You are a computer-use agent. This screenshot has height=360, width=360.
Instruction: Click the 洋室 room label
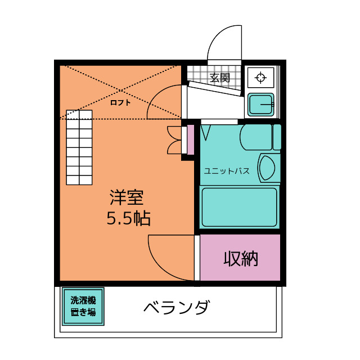pyautogui.click(x=127, y=197)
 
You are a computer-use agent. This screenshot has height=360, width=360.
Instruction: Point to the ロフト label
pyautogui.click(x=120, y=102)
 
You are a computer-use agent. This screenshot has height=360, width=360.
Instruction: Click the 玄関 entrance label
pyautogui.click(x=220, y=78)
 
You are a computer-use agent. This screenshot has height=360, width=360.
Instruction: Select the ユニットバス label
pyautogui.click(x=227, y=170)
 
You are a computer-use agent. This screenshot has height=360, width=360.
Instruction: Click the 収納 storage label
pyautogui.click(x=241, y=258)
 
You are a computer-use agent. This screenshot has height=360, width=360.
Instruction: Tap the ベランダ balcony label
pyautogui.click(x=177, y=308)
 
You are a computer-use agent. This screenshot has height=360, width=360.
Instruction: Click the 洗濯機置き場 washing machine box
pyautogui.click(x=83, y=307)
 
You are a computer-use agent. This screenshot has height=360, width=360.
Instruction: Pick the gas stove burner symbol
pyautogui.click(x=260, y=78)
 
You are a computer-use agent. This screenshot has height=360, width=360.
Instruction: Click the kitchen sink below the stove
pyautogui.click(x=260, y=105)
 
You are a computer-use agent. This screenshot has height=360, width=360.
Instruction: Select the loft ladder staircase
pyautogui.click(x=79, y=147)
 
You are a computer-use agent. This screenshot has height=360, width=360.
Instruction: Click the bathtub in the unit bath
pyautogui.click(x=239, y=206)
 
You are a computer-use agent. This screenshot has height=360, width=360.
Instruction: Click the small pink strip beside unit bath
pyautogui.click(x=190, y=140)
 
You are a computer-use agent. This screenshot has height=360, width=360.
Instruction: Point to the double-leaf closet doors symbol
pyautogui.click(x=175, y=140)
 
